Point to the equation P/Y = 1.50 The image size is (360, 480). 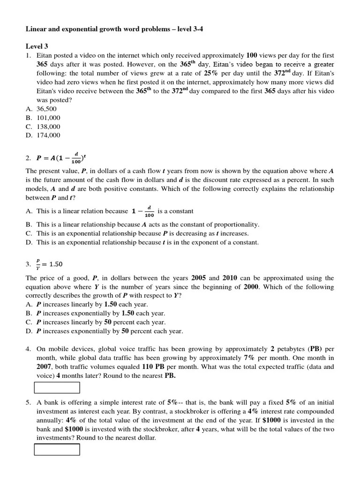point(49,264)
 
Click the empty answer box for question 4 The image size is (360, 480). point(57,388)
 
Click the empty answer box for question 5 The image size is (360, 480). point(57,450)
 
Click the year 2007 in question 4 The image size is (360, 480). point(45,367)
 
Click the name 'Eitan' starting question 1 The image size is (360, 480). point(45,55)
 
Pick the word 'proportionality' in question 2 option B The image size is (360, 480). point(238,225)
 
